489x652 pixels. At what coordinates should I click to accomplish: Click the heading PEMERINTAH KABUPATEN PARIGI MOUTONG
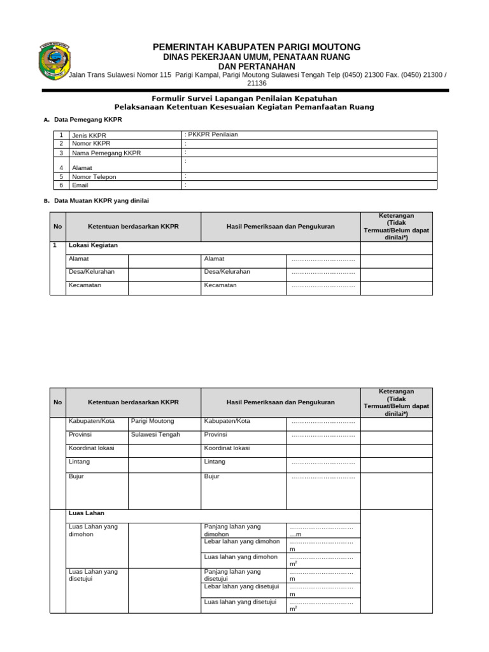pos(257,47)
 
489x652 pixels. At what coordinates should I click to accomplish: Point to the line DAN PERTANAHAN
pos(257,66)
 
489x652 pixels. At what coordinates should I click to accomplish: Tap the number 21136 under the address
pos(257,83)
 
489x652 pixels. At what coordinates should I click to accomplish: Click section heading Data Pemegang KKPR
pos(88,120)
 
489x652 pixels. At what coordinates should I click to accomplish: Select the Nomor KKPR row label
pos(92,144)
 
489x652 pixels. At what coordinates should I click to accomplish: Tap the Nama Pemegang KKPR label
pos(106,153)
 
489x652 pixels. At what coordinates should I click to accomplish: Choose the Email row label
pos(80,185)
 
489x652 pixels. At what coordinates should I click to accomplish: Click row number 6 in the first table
pos(61,185)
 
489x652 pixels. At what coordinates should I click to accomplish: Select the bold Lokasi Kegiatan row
pos(93,245)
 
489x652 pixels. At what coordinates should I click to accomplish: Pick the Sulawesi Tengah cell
pos(155,435)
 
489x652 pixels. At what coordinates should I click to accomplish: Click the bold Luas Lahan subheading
pos(87,513)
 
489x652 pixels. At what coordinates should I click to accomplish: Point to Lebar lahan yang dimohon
pos(241,542)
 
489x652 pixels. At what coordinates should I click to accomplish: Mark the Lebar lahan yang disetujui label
pos(241,586)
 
